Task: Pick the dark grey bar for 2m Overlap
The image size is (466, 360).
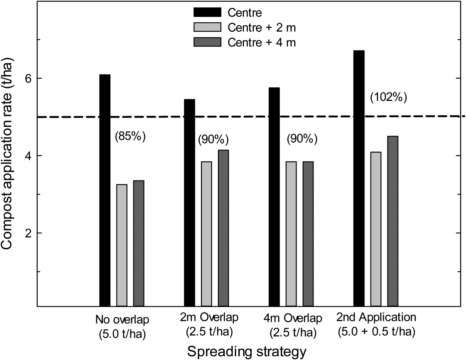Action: pyautogui.click(x=223, y=228)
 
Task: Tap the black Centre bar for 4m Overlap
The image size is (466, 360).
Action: pyautogui.click(x=274, y=197)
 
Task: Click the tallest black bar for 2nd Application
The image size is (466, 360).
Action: pyautogui.click(x=359, y=179)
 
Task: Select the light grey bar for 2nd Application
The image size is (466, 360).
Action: pyautogui.click(x=376, y=229)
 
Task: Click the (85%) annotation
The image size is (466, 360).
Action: pyautogui.click(x=130, y=136)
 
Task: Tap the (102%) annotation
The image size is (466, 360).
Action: pyautogui.click(x=388, y=98)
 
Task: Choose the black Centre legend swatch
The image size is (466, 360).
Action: pyautogui.click(x=207, y=12)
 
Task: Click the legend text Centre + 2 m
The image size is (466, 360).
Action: pyautogui.click(x=262, y=28)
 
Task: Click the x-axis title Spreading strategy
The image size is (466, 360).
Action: pyautogui.click(x=247, y=351)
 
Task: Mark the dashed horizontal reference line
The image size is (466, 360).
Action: pyautogui.click(x=233, y=117)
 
